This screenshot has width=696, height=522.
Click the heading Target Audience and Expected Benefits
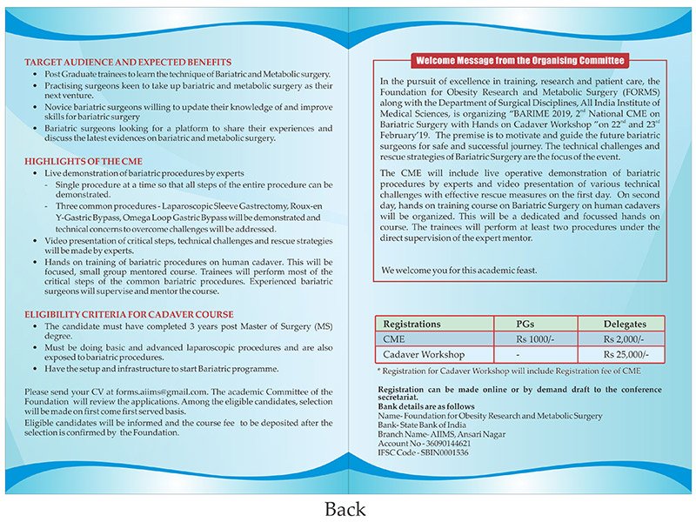[x=128, y=63]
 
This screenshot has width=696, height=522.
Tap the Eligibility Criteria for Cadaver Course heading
[x=129, y=314]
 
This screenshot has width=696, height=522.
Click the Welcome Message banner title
[x=520, y=61]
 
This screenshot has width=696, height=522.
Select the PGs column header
[x=532, y=324]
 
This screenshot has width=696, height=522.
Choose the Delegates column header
[x=625, y=324]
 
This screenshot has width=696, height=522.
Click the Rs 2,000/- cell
[x=625, y=339]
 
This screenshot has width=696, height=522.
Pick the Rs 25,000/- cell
[x=625, y=355]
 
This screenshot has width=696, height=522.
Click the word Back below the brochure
[x=345, y=508]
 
